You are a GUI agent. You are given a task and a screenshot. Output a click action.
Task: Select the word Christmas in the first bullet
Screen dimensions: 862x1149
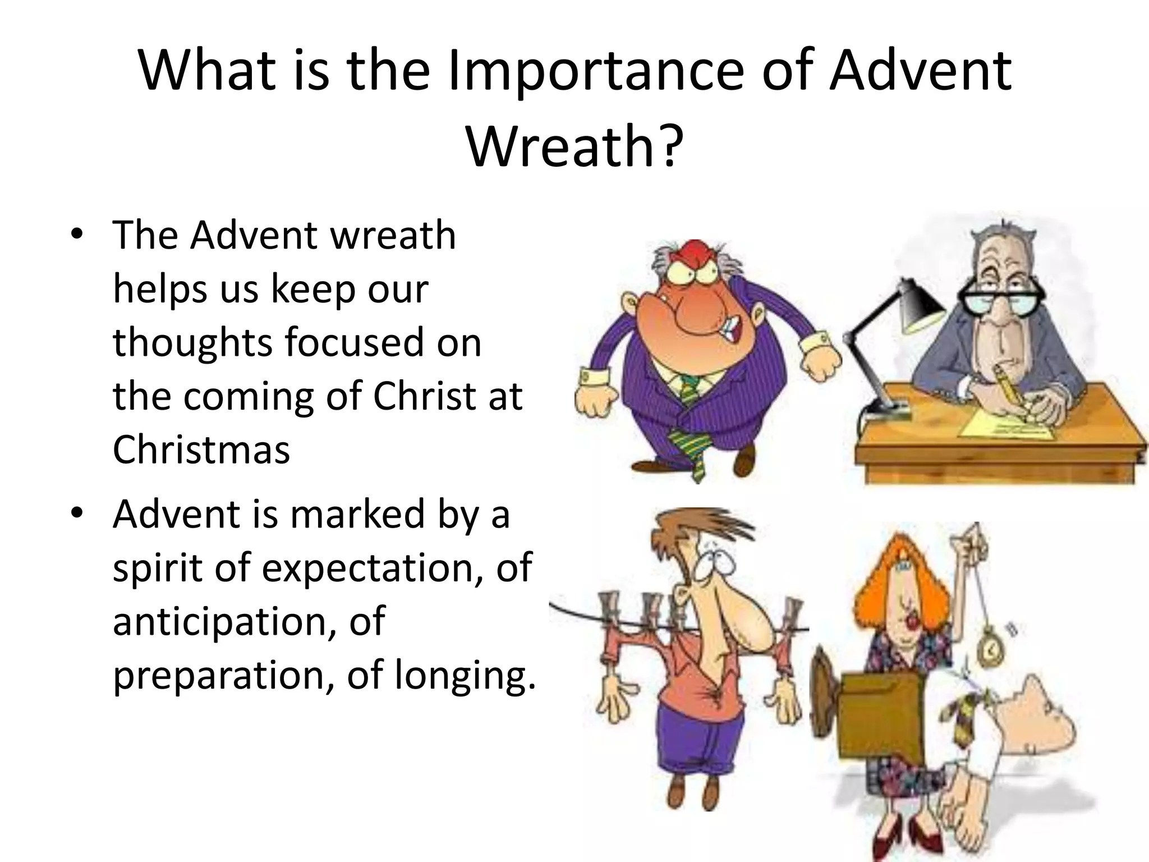pyautogui.click(x=201, y=450)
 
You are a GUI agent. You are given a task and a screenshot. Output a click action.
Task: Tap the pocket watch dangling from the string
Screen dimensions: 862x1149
pyautogui.click(x=990, y=649)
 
